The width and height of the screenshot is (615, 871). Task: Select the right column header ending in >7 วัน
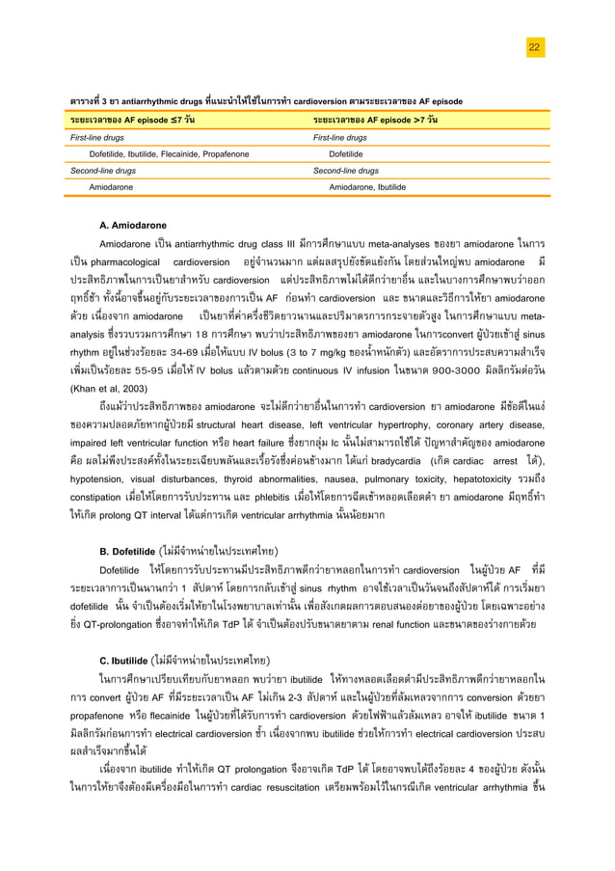(375, 119)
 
